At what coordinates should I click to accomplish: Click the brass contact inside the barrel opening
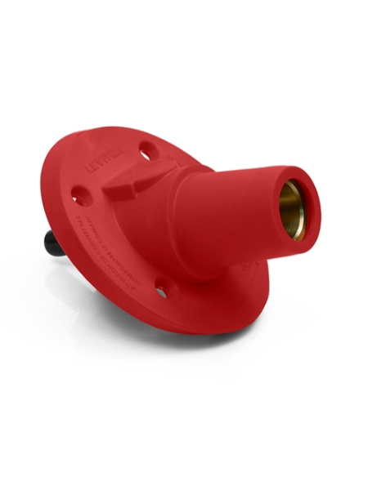[291, 212]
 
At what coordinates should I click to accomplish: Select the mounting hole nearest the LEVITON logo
[145, 151]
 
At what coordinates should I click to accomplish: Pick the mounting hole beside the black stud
[80, 197]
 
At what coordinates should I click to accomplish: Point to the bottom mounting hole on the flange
[161, 290]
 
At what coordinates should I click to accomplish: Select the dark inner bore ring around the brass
[303, 214]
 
